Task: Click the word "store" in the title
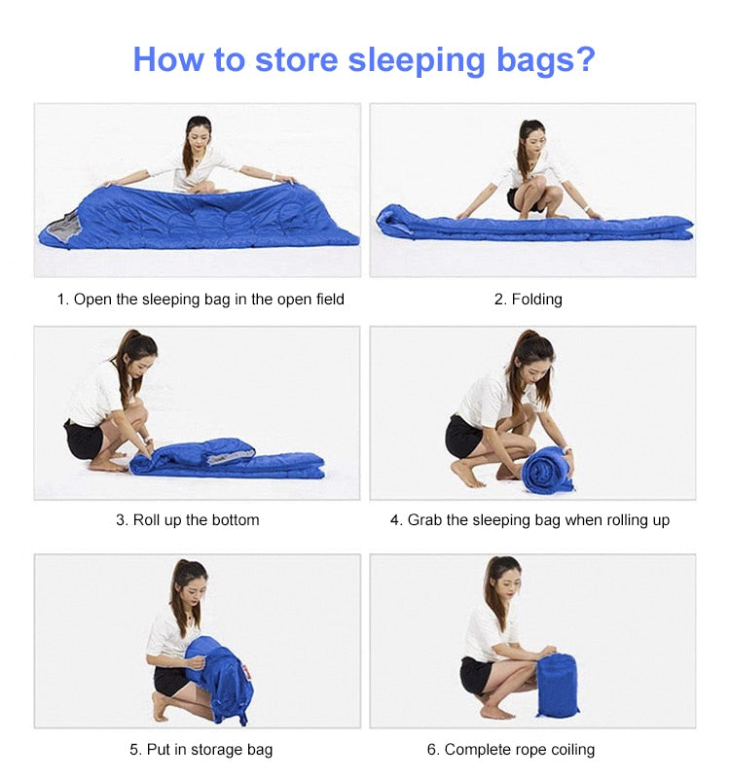(x=297, y=59)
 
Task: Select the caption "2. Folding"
(x=529, y=300)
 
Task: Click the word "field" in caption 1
(x=329, y=300)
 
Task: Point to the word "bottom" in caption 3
(x=236, y=520)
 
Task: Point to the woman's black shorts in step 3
(x=83, y=440)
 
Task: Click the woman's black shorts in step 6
(x=476, y=676)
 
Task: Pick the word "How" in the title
(x=167, y=59)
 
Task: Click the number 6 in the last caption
(x=431, y=750)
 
